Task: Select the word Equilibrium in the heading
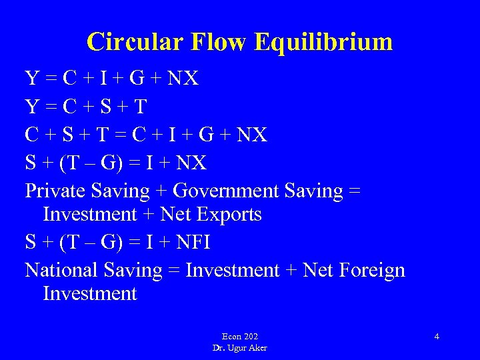pos(324,41)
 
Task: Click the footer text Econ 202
pos(240,337)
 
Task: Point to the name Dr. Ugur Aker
pos(240,348)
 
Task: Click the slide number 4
pos(437,337)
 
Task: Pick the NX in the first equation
pos(183,79)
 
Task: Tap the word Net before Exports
pos(176,215)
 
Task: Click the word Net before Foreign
pos(318,270)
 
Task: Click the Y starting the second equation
pos(32,107)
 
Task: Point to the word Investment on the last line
pos(89,294)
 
